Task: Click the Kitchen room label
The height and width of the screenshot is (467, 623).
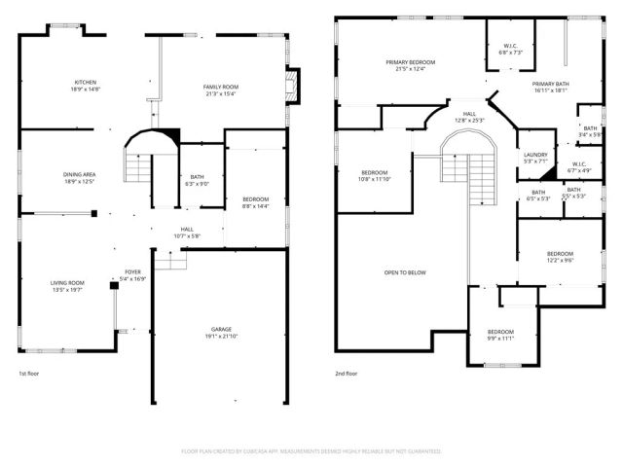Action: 85,86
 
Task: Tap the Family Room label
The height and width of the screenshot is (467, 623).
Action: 221,90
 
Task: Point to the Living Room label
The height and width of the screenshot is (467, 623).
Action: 67,286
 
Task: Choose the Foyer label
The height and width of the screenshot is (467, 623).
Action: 132,274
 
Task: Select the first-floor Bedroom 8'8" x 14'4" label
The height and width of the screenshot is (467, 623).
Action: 255,202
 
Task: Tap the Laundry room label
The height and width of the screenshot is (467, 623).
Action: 535,158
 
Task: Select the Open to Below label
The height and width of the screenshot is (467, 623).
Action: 405,272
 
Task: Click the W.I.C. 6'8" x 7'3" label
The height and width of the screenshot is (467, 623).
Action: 511,49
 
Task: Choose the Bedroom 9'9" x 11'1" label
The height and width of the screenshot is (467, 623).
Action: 500,335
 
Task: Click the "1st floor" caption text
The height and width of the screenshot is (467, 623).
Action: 30,374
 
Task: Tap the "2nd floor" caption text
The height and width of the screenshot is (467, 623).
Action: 348,374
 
